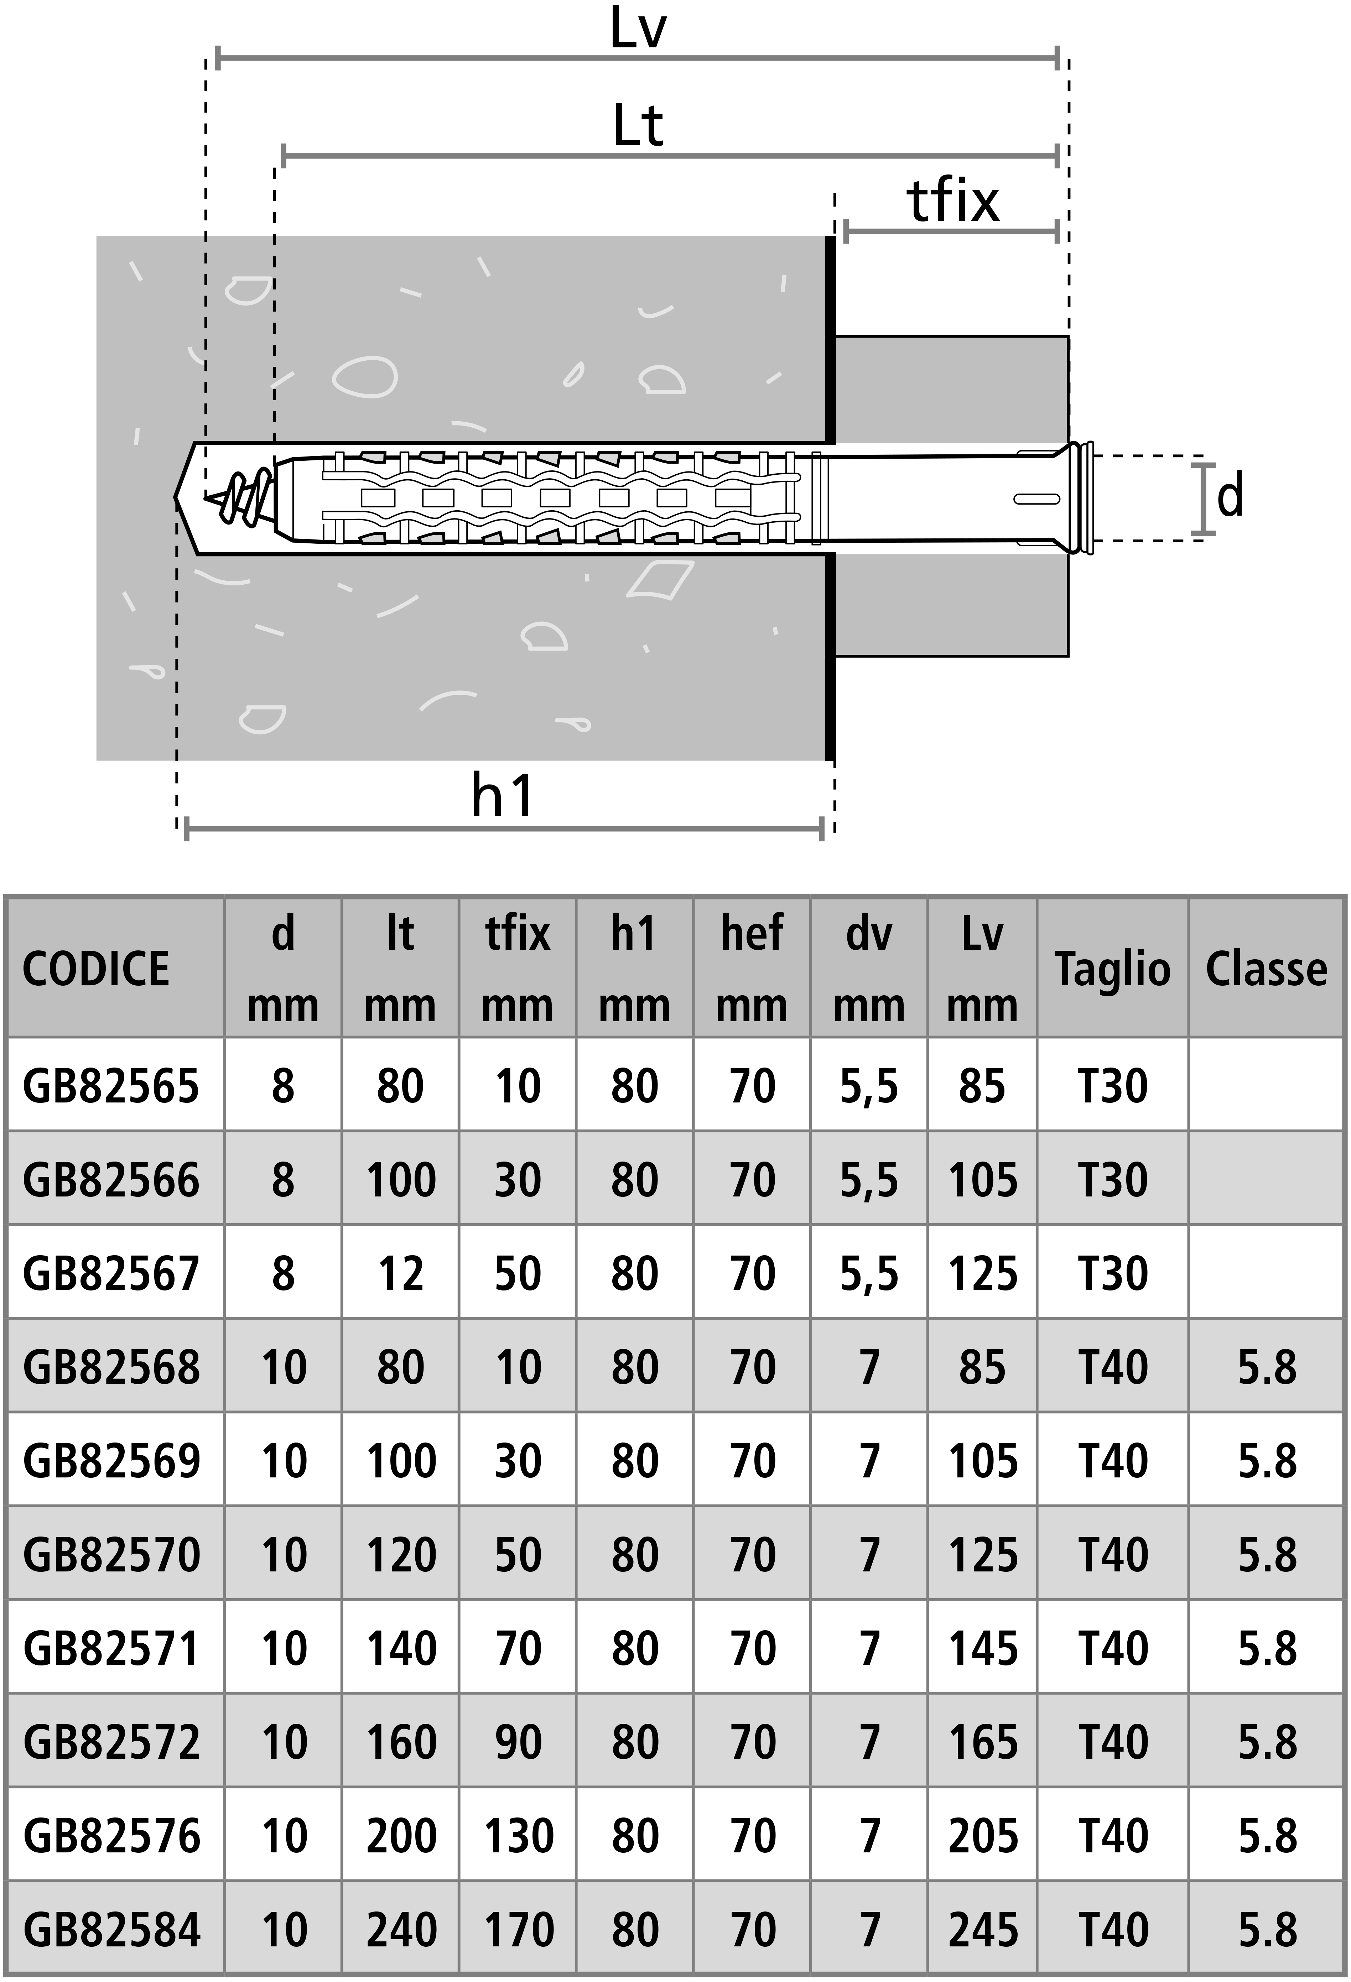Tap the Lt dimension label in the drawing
point(638,126)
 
